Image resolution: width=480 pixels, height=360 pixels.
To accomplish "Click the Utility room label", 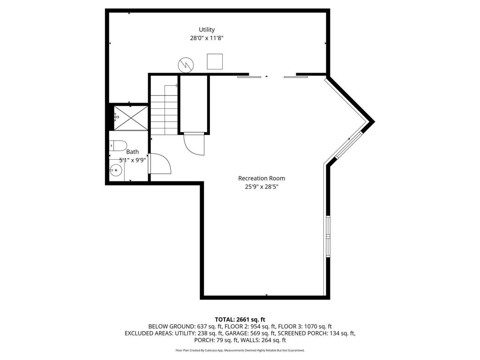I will (x=207, y=30).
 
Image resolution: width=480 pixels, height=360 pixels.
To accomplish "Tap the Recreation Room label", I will (x=262, y=178).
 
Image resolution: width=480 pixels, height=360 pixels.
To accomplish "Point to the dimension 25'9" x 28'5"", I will (x=262, y=187).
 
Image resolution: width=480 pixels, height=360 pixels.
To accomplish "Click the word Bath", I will (x=133, y=151).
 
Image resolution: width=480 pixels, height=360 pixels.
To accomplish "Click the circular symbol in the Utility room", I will (x=185, y=65).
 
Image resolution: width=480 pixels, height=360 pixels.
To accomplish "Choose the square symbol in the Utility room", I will (x=215, y=61).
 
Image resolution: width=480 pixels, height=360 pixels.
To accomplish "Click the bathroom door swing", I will (x=160, y=164).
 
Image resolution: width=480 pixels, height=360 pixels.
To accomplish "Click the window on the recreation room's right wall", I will (x=328, y=237).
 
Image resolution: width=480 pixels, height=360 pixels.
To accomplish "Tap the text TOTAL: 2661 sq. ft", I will (x=240, y=319).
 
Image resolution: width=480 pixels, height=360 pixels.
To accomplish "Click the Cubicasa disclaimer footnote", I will (x=240, y=350).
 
